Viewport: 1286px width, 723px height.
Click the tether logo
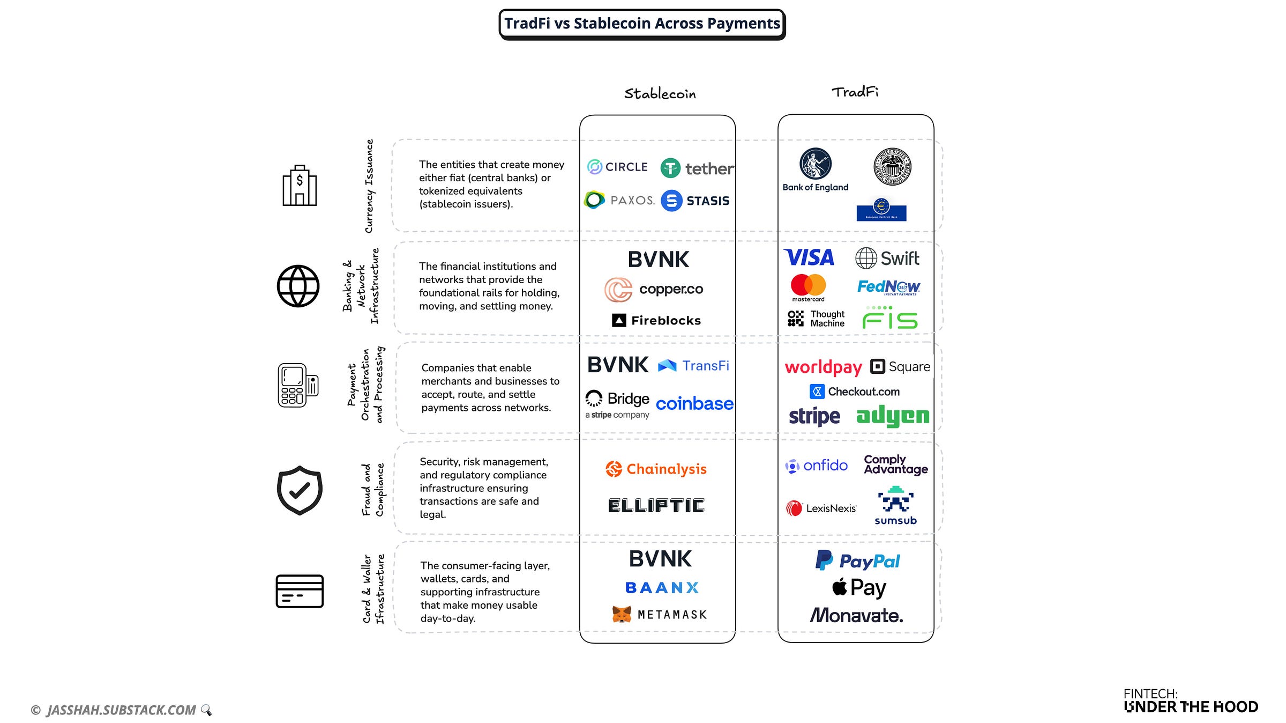tap(697, 168)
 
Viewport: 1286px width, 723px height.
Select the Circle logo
tap(617, 167)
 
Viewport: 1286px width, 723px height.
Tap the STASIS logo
tap(695, 201)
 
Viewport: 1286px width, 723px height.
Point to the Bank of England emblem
tap(815, 164)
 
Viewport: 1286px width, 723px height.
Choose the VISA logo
tap(809, 257)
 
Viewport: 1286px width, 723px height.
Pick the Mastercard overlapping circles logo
tap(808, 285)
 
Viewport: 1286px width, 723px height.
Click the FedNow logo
tap(888, 287)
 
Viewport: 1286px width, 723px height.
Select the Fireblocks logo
tap(656, 320)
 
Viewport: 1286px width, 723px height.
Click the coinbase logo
tap(694, 403)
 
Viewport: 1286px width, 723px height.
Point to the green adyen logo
tap(892, 416)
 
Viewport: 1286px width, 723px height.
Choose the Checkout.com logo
tap(855, 392)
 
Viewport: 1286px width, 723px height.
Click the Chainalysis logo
tap(656, 469)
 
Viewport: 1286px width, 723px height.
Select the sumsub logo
tap(895, 505)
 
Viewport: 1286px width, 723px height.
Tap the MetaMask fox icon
tap(622, 614)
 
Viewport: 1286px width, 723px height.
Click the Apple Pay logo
tap(859, 588)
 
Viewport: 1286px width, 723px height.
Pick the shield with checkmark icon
tap(300, 490)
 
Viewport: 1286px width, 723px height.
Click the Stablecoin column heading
tap(660, 94)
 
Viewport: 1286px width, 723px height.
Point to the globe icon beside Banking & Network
tap(298, 286)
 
